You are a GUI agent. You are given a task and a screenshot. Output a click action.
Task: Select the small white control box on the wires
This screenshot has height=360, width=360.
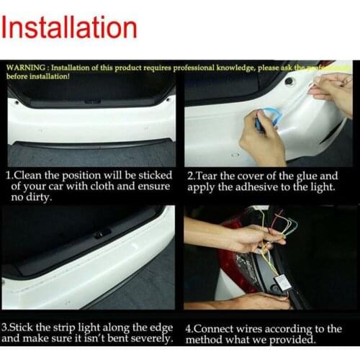(283, 282)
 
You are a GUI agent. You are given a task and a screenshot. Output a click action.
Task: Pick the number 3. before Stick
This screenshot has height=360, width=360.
(6, 328)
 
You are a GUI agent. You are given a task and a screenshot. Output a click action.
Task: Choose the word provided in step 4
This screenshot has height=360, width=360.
(291, 340)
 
